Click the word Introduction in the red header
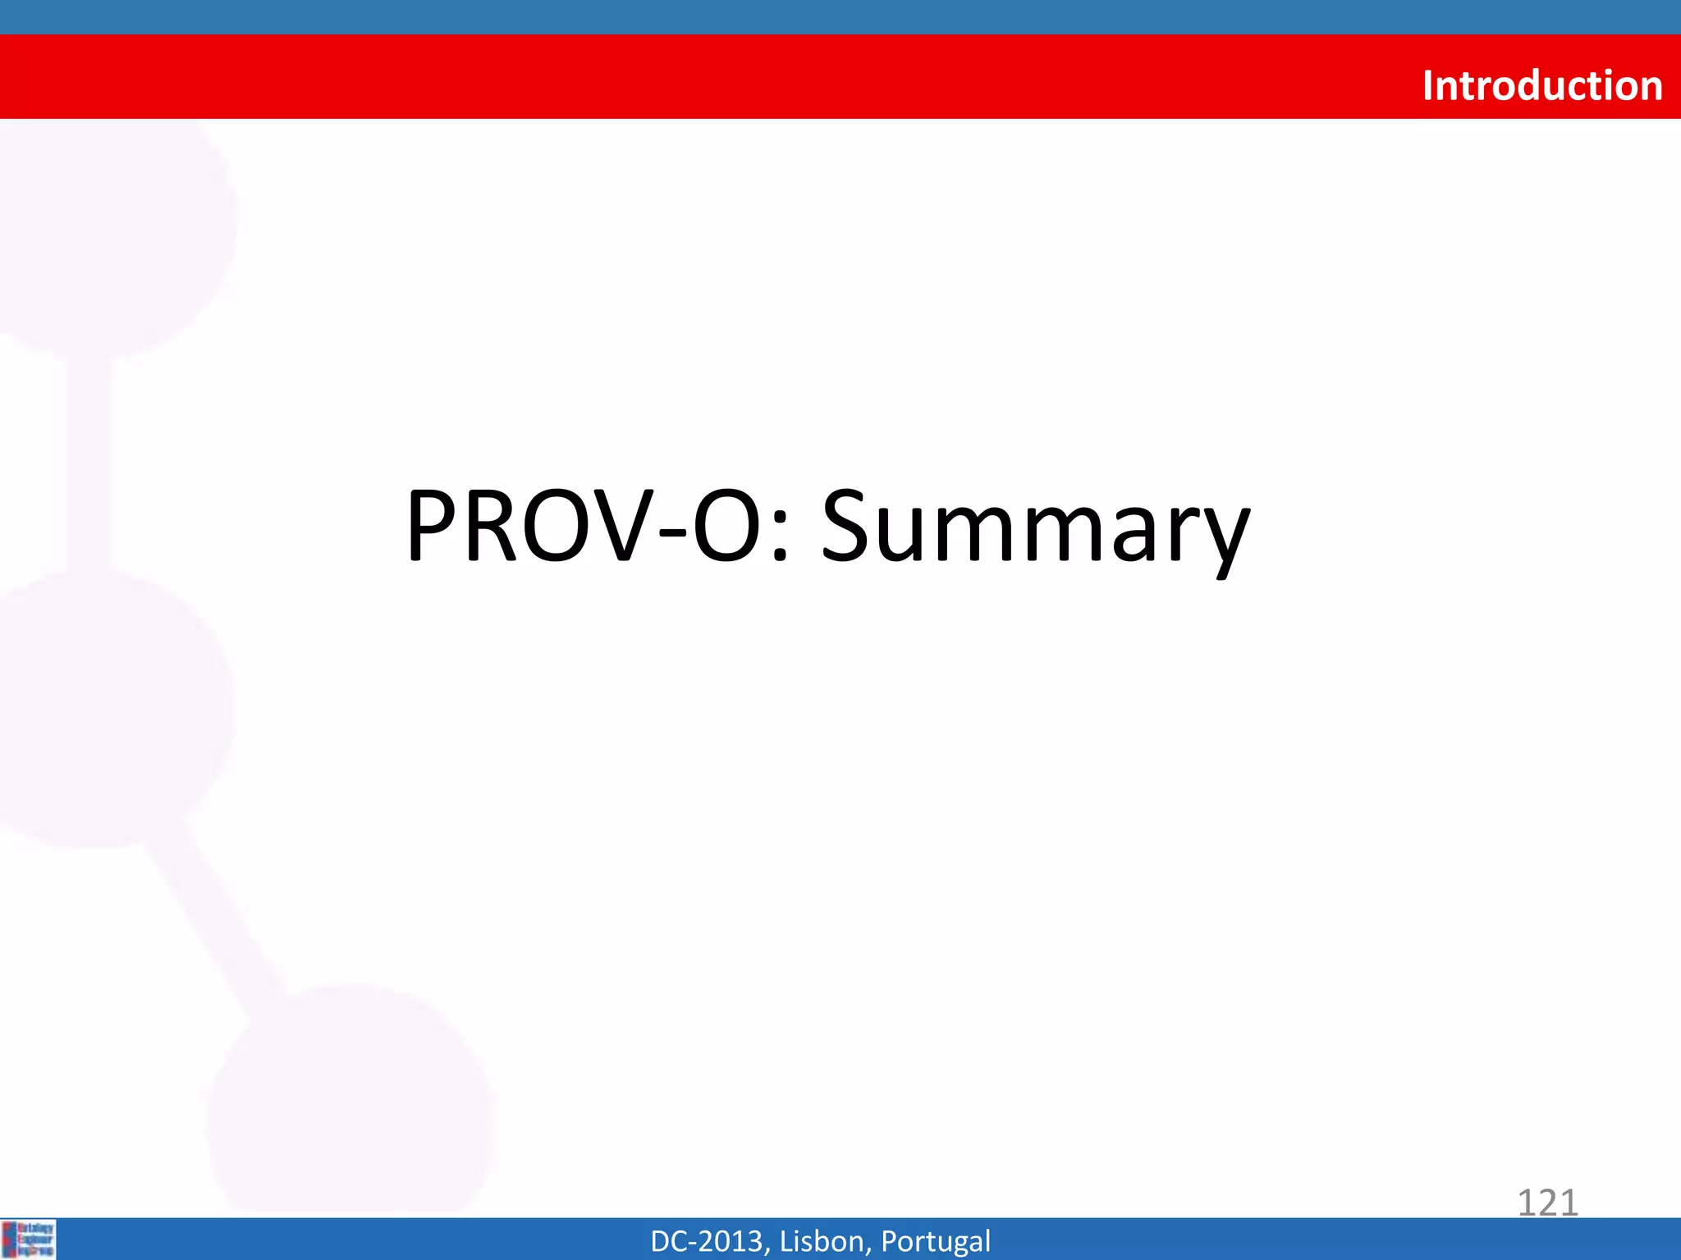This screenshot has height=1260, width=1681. point(1541,85)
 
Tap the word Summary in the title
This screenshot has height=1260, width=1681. point(1035,527)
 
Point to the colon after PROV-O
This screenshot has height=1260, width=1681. point(781,537)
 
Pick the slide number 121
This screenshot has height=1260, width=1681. point(1547,1203)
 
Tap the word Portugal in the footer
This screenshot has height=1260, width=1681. point(935,1241)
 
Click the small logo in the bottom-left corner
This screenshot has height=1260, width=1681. point(29,1239)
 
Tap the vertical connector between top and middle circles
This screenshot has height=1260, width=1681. point(89,463)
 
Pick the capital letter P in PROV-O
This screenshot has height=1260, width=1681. point(433,527)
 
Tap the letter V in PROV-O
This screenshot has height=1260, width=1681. point(625,527)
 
